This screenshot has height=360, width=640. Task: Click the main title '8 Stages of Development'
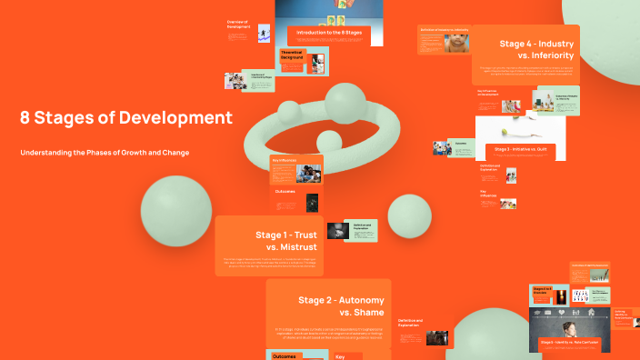tap(126, 118)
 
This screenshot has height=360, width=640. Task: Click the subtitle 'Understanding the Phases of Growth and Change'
tap(105, 153)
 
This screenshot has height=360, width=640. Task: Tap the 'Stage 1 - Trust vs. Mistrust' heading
tap(285, 241)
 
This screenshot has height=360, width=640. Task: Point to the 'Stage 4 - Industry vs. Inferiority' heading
tap(536, 49)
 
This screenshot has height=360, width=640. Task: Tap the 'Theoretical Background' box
tap(292, 56)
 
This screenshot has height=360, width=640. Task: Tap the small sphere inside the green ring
tap(328, 141)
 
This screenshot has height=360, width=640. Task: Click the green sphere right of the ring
tap(409, 215)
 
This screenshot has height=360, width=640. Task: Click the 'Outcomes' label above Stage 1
tap(285, 192)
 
